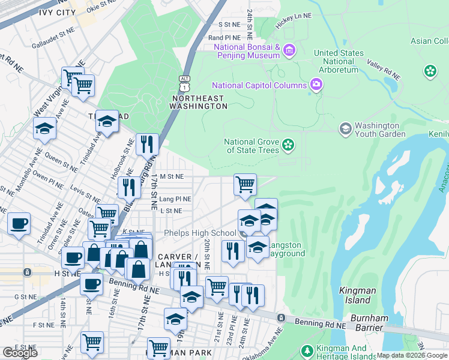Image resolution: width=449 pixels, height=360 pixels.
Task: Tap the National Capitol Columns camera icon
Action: pyautogui.click(x=316, y=85)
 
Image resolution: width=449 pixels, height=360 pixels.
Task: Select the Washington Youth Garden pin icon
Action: pyautogui.click(x=345, y=128)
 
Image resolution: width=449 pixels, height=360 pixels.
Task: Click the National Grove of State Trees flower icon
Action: pyautogui.click(x=288, y=145)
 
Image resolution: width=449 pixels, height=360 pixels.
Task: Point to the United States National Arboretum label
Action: pyautogui.click(x=339, y=61)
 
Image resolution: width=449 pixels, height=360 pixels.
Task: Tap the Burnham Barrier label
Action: pyautogui.click(x=360, y=323)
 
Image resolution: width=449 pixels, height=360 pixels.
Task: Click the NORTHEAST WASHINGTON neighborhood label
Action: pyautogui.click(x=199, y=102)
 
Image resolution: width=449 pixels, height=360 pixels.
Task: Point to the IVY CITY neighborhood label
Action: pyautogui.click(x=57, y=12)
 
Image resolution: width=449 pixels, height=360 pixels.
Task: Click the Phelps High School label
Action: pyautogui.click(x=200, y=233)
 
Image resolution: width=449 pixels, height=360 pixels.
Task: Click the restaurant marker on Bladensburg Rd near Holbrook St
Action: pyautogui.click(x=146, y=144)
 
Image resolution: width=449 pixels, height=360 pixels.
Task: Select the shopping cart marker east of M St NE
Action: pyautogui.click(x=245, y=184)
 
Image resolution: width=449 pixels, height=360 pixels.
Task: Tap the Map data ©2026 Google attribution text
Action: pyautogui.click(x=412, y=355)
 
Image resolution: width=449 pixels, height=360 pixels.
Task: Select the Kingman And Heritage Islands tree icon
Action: pyautogui.click(x=307, y=350)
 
